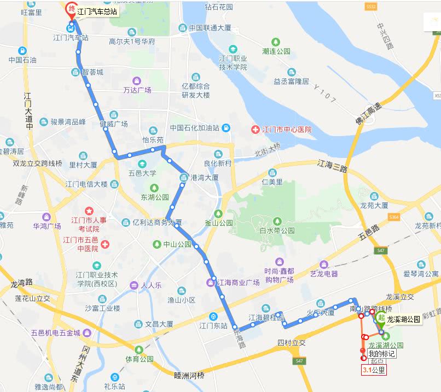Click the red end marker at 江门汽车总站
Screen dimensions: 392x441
71,9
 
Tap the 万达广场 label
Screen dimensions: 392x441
137,90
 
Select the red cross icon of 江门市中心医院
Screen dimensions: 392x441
255,130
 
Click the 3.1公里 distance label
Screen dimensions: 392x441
374,370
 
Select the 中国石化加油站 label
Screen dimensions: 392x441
194,128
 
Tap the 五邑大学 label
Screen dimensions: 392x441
142,173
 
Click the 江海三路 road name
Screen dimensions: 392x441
333,165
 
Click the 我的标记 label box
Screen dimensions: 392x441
381,354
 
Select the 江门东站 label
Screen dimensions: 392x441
213,326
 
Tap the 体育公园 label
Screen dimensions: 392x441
140,359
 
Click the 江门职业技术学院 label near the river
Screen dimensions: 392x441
233,63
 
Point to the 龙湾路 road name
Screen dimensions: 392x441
22,284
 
